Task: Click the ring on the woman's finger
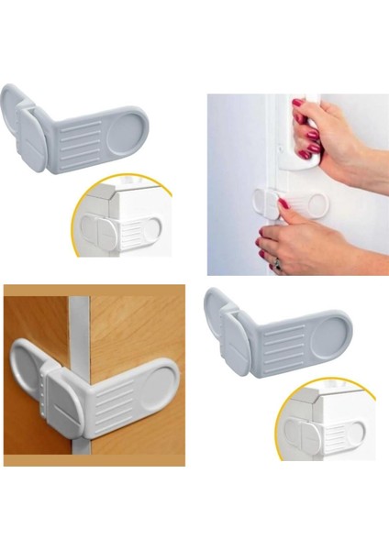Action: click(276, 262)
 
